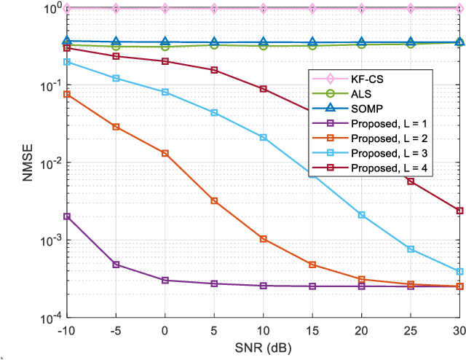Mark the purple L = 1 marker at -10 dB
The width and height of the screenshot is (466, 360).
pyautogui.click(x=67, y=216)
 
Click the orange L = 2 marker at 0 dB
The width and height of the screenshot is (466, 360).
pyautogui.click(x=165, y=154)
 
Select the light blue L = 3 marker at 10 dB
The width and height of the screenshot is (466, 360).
pyautogui.click(x=264, y=138)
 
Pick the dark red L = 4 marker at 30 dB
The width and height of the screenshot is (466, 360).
pyautogui.click(x=459, y=211)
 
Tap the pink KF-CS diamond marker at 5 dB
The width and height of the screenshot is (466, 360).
pyautogui.click(x=214, y=9)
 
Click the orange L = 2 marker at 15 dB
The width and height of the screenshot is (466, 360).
pyautogui.click(x=312, y=265)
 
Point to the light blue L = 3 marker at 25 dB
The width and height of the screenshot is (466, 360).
pyautogui.click(x=411, y=250)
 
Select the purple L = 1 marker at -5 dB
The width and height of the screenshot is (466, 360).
pyautogui.click(x=116, y=265)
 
